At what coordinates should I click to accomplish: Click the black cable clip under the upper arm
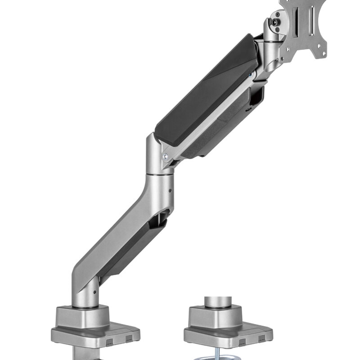(256, 97)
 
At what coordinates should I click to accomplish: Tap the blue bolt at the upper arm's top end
(249, 76)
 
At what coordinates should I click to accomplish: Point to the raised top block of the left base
(82, 315)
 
